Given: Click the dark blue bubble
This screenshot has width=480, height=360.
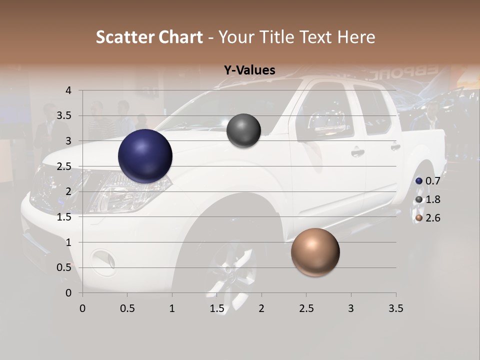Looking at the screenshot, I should click(x=145, y=156).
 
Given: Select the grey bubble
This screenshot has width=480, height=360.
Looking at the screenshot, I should click(x=243, y=130).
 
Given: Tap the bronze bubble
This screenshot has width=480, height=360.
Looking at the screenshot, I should click(x=315, y=252).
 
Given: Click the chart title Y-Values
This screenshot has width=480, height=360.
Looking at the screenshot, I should click(x=249, y=70).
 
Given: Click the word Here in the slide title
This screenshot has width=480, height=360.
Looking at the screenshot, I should click(x=356, y=37).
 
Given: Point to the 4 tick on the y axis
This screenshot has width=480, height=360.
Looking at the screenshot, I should click(x=68, y=90).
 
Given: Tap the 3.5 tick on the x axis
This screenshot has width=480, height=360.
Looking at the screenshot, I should click(x=396, y=308).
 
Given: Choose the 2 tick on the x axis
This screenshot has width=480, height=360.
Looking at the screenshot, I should click(x=261, y=308).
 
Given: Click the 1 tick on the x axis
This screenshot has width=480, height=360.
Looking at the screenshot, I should click(x=172, y=308).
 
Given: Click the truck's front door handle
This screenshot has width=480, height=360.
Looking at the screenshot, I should click(x=357, y=152).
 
